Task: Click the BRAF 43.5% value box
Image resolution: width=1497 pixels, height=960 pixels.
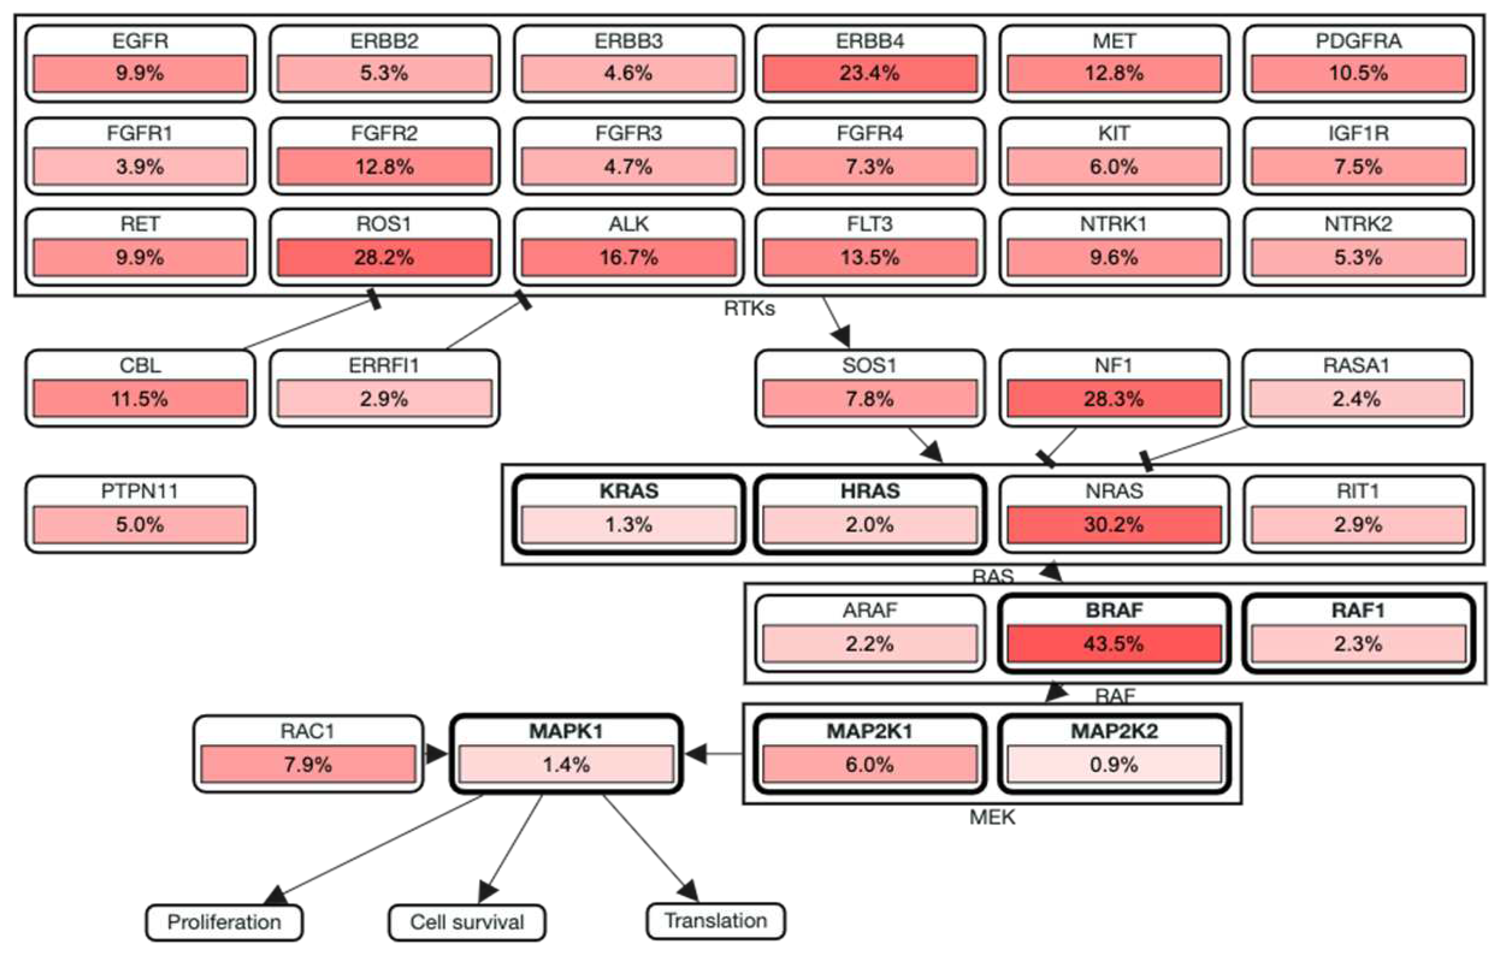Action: [x=1113, y=643]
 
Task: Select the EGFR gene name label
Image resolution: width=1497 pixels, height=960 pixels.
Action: [x=140, y=41]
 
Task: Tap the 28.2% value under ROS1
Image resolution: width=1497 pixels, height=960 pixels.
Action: [x=384, y=257]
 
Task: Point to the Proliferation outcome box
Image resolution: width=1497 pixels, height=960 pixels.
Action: [x=224, y=922]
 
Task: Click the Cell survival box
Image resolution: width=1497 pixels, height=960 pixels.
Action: [x=467, y=922]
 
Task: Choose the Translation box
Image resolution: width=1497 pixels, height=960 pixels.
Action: [x=715, y=921]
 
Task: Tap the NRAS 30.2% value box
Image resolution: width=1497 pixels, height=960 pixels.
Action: [x=1113, y=524]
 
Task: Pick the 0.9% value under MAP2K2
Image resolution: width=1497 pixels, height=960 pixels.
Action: [x=1113, y=764]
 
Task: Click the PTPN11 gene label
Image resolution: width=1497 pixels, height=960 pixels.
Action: [x=140, y=491]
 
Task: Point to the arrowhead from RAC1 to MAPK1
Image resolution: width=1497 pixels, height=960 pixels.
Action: [x=437, y=754]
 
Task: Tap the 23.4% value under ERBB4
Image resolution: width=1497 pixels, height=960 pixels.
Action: [x=869, y=73]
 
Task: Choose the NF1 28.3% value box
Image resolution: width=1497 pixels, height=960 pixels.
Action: [x=1113, y=398]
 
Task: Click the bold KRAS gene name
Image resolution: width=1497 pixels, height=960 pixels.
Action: [x=628, y=491]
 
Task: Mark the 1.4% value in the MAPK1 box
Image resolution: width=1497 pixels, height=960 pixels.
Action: [x=566, y=764]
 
